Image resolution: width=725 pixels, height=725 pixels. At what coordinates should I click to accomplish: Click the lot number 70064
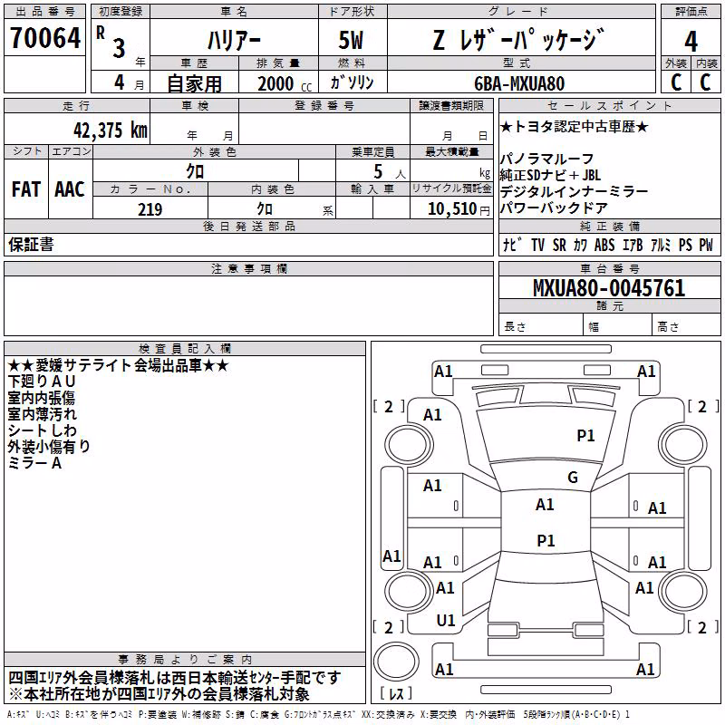[x=45, y=38]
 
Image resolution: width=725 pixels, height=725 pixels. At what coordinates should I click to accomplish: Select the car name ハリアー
[x=234, y=41]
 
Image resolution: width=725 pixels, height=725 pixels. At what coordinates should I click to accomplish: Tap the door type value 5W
[x=351, y=40]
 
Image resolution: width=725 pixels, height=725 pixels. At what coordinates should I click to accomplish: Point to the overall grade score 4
[x=691, y=41]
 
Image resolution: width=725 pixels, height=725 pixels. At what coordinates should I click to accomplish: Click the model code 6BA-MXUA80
[x=519, y=83]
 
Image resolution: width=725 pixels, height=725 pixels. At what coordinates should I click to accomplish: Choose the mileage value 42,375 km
[x=111, y=130]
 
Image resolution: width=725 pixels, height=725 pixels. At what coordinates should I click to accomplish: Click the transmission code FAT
[x=26, y=189]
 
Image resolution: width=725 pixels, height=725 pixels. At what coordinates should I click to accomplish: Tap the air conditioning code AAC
[x=70, y=189]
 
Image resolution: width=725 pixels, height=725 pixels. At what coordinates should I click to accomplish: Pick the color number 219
[x=150, y=209]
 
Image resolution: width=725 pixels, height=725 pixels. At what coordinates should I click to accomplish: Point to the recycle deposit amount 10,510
[x=452, y=208]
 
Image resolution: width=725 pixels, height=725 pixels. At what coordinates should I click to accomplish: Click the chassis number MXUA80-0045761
[x=609, y=287]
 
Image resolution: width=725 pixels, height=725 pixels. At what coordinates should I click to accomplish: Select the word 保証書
[x=31, y=244]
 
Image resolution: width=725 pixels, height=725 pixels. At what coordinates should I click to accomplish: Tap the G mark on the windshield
[x=573, y=477]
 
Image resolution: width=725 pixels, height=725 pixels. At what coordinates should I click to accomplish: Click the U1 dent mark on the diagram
[x=446, y=621]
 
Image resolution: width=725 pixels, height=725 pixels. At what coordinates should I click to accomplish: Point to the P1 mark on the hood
[x=585, y=435]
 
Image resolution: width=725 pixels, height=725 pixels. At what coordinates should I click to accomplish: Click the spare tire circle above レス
[x=396, y=661]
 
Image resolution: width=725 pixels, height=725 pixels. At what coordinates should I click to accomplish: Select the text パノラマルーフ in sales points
[x=546, y=159]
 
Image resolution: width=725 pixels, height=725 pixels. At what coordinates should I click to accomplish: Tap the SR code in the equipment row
[x=559, y=245]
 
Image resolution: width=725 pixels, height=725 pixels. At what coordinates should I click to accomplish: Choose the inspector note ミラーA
[x=34, y=463]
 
